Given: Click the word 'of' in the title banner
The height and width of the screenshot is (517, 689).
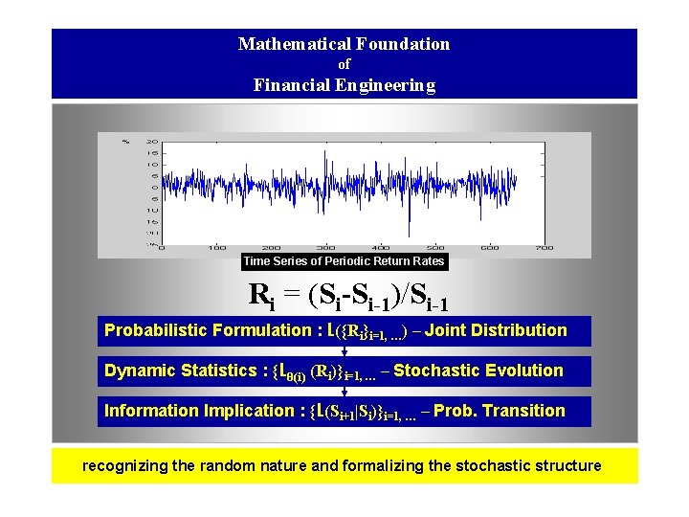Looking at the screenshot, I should pyautogui.click(x=344, y=64).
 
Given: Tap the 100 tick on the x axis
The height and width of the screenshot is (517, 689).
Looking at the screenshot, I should pyautogui.click(x=216, y=247).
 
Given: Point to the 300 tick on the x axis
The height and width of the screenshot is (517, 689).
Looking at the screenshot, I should pyautogui.click(x=325, y=247).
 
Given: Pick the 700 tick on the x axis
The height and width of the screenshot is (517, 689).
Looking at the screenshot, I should pyautogui.click(x=544, y=247).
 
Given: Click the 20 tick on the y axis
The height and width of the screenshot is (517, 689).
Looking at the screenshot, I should pyautogui.click(x=152, y=142).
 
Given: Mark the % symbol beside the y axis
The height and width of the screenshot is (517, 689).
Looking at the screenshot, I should pyautogui.click(x=125, y=141).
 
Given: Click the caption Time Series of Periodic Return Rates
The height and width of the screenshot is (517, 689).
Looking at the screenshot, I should pyautogui.click(x=344, y=261).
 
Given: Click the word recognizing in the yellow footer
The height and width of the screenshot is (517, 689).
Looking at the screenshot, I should pyautogui.click(x=125, y=466).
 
